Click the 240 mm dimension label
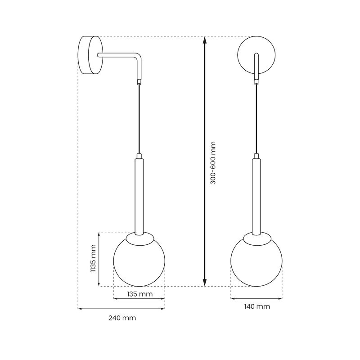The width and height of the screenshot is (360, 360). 122,318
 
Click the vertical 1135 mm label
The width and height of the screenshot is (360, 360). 93,259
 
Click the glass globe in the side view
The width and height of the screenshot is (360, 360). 139,263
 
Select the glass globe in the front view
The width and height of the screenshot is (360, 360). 256,263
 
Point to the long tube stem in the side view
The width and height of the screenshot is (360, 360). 139,193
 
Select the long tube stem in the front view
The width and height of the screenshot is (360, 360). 256,193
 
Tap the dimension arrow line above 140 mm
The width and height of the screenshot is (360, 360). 256,298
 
